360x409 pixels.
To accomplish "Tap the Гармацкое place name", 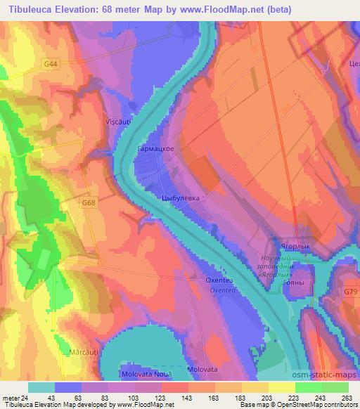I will [155, 150].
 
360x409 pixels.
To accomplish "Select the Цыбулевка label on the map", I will [181, 198].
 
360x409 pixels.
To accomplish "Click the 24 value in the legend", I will [26, 398].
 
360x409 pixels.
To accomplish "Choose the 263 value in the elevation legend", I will [347, 398].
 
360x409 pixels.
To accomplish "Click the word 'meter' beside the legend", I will [11, 398].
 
